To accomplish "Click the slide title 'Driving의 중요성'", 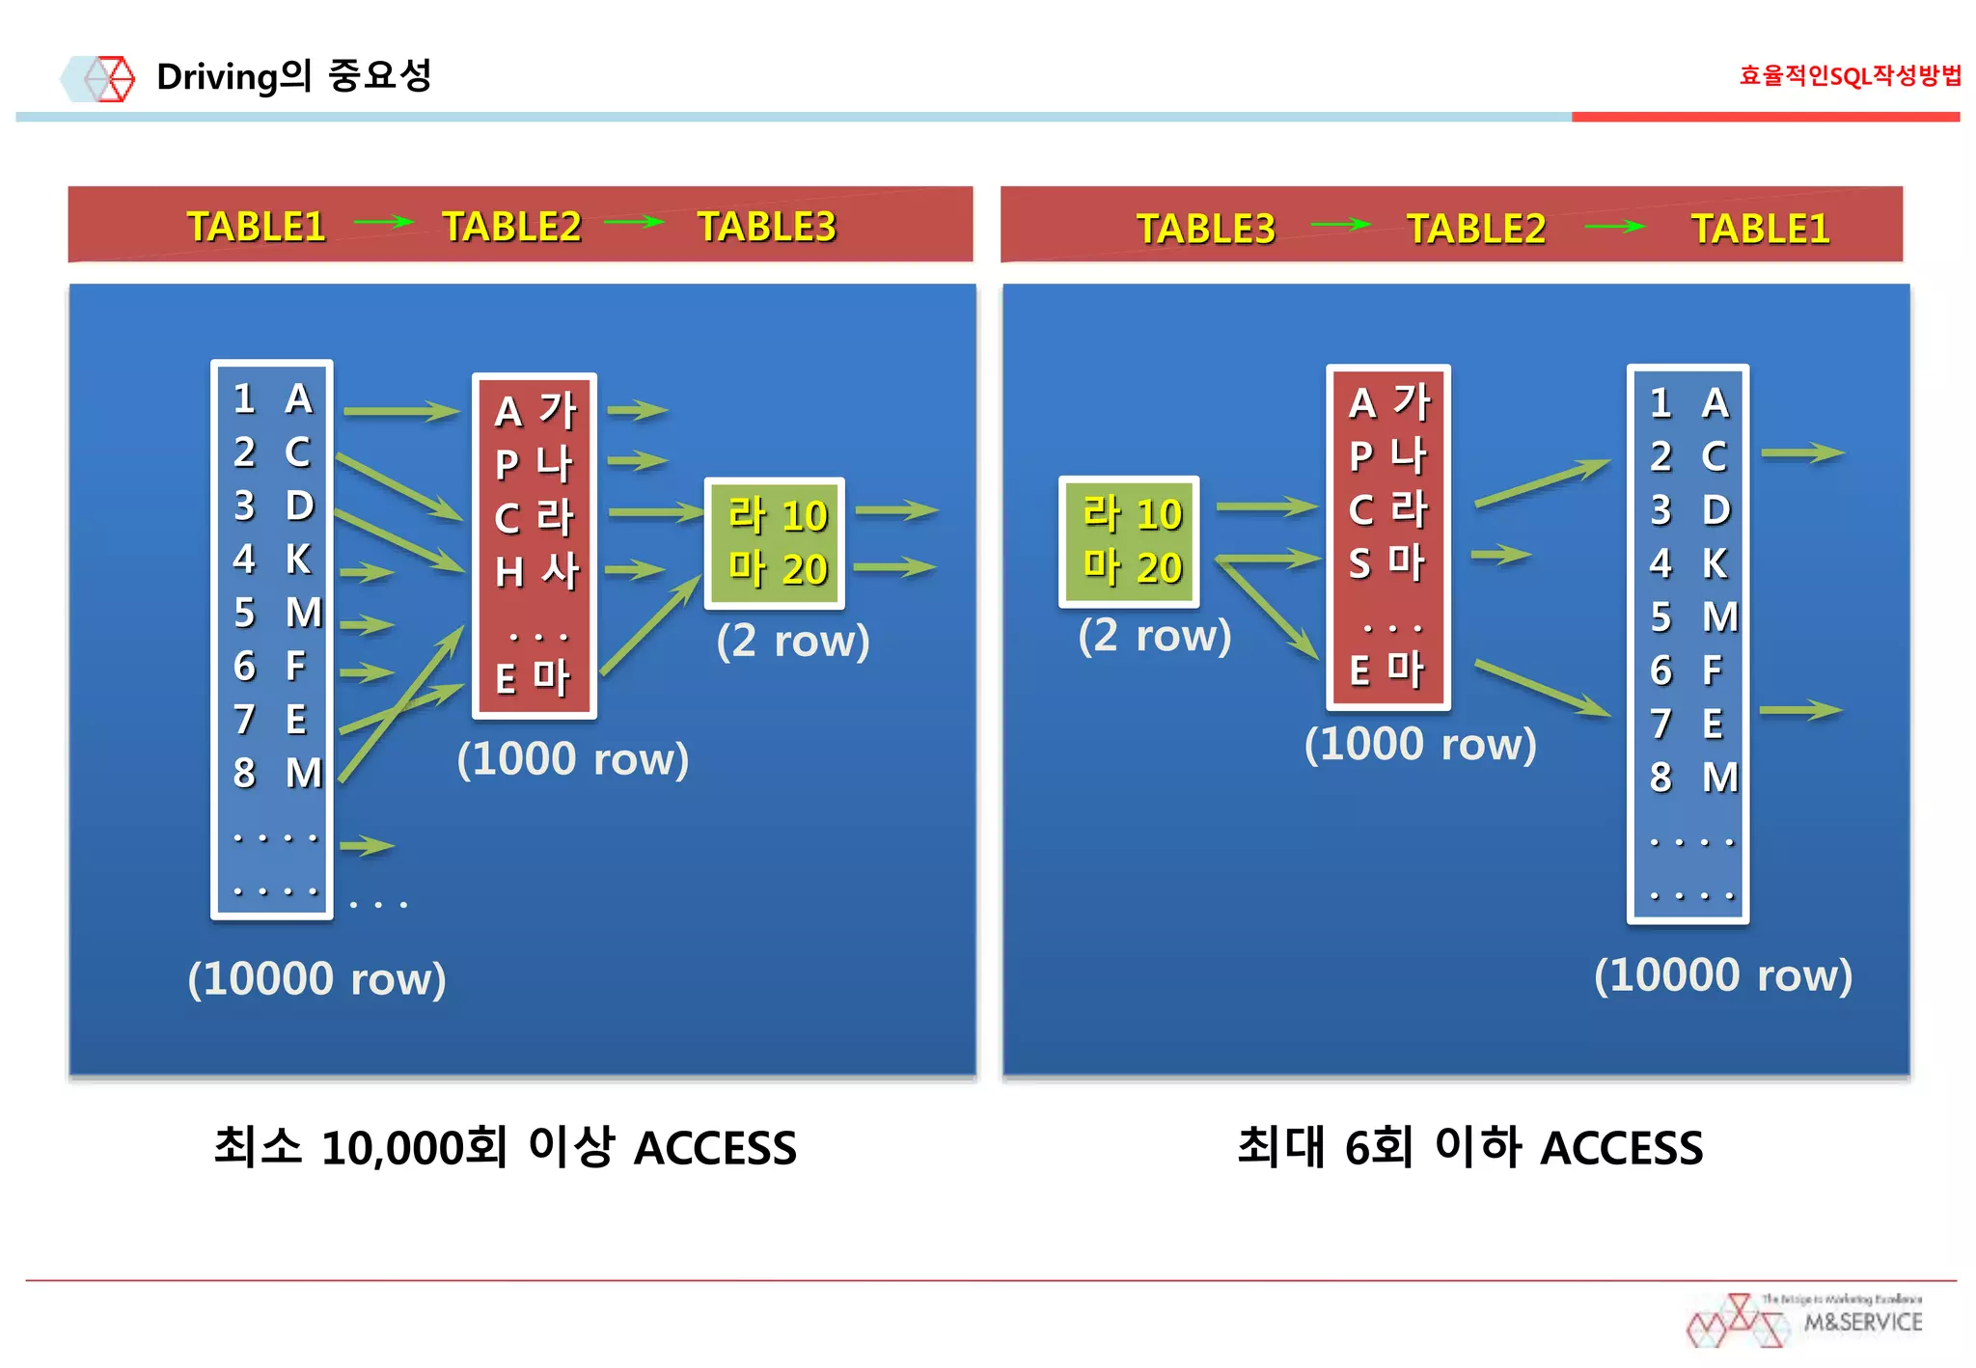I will point(293,76).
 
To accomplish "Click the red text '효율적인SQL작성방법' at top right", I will point(1849,75).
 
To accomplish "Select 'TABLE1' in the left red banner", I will point(256,227).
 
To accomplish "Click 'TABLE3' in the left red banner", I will point(766,227).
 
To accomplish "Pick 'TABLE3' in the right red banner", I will point(1205,229).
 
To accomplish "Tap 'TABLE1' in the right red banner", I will point(1760,229).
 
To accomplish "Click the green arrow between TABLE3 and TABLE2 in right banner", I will point(1340,226).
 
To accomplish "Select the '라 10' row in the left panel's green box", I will point(777,515).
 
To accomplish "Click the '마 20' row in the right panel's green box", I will point(1131,566).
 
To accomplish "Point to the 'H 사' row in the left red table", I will point(536,571).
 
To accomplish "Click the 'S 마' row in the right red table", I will point(1386,562).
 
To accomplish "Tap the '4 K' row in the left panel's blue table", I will point(272,560).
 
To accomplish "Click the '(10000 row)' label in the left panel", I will point(316,978).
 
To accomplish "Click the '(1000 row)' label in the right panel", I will point(1419,744).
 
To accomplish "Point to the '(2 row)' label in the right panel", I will point(1154,636).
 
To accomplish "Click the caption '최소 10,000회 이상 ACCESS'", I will point(505,1147).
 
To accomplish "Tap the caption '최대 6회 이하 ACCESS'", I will point(1469,1147).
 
